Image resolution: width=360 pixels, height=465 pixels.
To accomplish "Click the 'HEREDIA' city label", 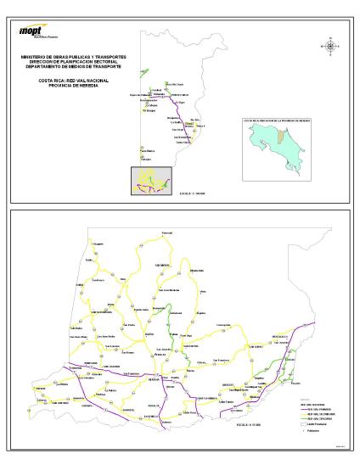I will click(154, 379).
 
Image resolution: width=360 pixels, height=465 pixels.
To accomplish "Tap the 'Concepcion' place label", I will click(223, 326).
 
